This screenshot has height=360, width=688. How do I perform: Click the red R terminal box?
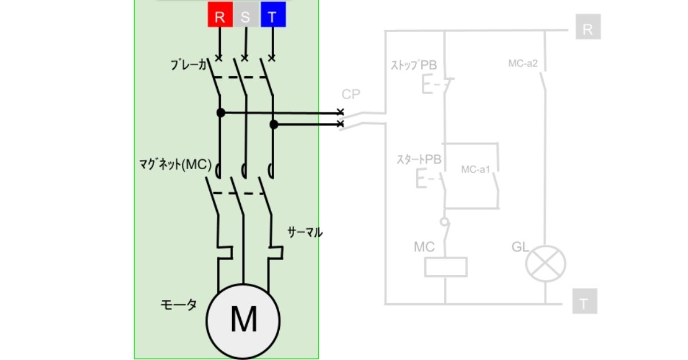point(220,16)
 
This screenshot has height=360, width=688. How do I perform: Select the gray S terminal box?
point(245,16)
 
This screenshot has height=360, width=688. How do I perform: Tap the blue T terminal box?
point(273,16)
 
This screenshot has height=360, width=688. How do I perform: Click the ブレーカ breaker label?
point(189,65)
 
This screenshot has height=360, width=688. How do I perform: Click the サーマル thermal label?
point(304,232)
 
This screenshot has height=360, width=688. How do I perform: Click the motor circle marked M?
point(244,319)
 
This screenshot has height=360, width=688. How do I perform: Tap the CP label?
point(351,94)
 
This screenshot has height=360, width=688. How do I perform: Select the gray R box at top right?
point(588,29)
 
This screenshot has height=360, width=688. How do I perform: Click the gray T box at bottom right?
point(584,303)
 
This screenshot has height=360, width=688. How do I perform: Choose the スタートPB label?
point(419,160)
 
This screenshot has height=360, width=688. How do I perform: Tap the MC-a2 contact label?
point(523,63)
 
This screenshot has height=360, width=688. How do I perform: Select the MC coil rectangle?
point(445,267)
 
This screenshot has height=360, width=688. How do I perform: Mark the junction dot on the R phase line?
point(221,113)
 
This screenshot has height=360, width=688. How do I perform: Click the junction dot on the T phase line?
point(274,124)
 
